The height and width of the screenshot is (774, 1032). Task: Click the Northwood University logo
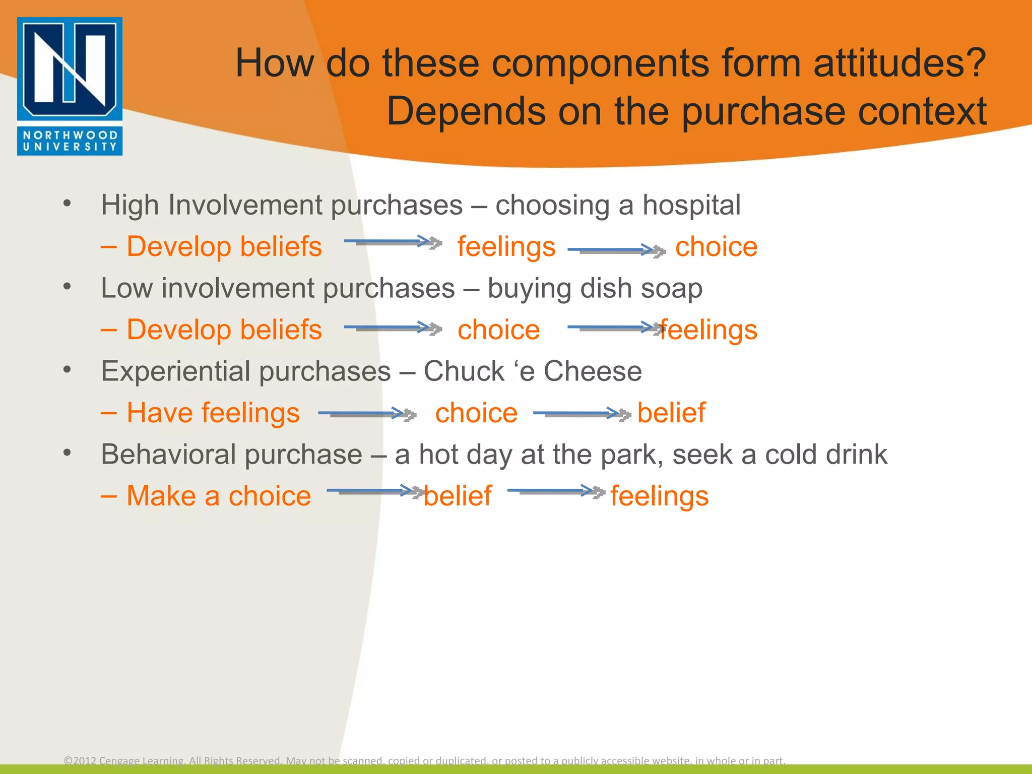point(70,86)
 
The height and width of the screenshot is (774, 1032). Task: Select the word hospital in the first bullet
point(691,206)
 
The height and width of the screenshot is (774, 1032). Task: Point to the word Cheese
point(593,371)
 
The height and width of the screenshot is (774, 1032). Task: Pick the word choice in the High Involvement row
point(716,247)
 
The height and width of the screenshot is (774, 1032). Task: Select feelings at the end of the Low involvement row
point(709,331)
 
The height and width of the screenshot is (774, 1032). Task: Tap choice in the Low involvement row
point(498,330)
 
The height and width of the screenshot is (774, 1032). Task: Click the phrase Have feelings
point(213,413)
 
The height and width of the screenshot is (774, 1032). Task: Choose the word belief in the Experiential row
point(671,413)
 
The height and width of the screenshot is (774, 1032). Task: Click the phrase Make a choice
point(218,496)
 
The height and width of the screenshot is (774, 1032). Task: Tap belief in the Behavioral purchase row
point(458,496)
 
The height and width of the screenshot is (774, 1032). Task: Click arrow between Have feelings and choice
point(367,414)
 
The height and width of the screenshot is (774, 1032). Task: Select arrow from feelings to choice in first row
point(616,250)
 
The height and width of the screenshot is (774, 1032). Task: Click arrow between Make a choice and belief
point(374,491)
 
